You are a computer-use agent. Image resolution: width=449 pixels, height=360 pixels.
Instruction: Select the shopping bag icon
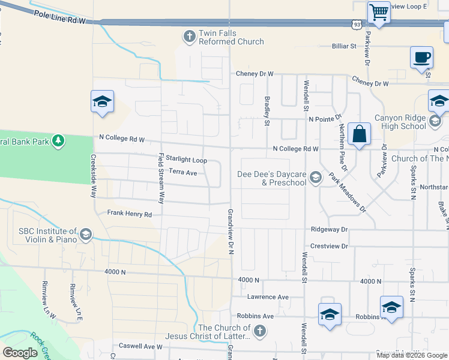[x=359, y=135]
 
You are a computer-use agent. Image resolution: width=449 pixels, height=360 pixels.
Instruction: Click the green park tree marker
[x=58, y=141]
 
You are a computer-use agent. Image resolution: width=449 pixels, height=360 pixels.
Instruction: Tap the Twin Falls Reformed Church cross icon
[x=190, y=37]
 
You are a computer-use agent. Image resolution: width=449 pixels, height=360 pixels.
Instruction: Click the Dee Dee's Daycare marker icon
[x=316, y=177]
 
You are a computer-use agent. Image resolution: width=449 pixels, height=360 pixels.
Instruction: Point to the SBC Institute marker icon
[x=86, y=234]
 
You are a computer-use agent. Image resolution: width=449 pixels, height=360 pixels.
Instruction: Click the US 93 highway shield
[x=358, y=24]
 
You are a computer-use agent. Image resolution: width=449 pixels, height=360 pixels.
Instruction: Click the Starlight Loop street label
[x=186, y=160]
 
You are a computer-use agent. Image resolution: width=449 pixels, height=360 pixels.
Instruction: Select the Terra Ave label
[x=183, y=172]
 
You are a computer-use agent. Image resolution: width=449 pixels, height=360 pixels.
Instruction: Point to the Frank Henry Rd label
[x=130, y=213]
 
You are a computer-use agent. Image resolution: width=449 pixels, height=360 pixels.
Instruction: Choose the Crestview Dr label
[x=329, y=246]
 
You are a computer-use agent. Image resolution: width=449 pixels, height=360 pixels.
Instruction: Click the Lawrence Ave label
[x=268, y=297]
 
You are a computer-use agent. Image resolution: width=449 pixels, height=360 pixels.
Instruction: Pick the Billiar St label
[x=345, y=46]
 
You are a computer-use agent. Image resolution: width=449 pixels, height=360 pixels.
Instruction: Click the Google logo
[x=20, y=353]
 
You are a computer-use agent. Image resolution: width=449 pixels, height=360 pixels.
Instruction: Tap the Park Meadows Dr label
[x=347, y=193]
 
